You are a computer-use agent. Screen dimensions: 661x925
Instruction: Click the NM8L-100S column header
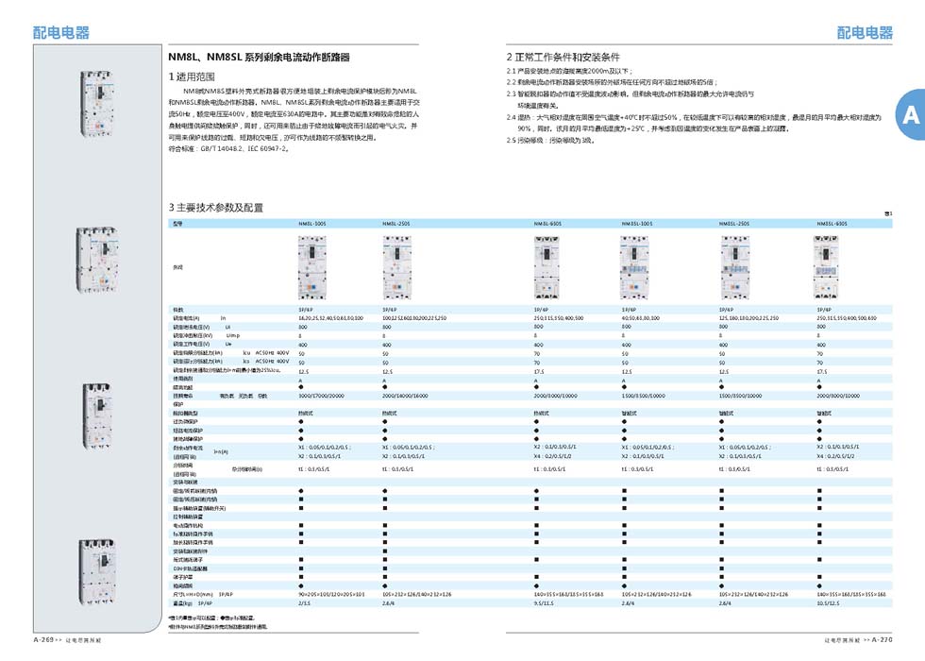point(313,224)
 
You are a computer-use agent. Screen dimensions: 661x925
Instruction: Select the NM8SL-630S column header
point(831,224)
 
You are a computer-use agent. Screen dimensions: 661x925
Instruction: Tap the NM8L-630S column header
point(548,224)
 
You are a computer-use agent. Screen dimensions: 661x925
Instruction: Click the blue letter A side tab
point(910,115)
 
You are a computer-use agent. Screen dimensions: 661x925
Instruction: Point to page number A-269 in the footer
point(47,639)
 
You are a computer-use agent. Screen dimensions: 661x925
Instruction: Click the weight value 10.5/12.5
point(827,602)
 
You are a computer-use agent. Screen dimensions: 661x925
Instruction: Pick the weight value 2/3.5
point(305,602)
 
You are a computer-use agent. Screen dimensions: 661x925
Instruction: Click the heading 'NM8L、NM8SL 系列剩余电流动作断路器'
point(258,58)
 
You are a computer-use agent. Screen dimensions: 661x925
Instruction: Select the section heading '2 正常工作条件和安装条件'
point(563,57)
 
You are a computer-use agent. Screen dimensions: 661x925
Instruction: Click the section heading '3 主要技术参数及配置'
point(215,207)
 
